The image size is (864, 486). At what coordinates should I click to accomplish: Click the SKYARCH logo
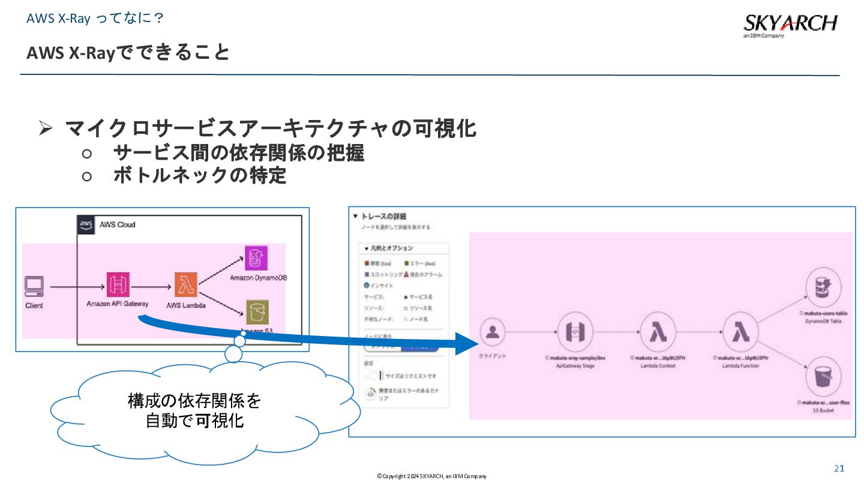(x=790, y=24)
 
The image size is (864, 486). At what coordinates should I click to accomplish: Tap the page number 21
(x=839, y=468)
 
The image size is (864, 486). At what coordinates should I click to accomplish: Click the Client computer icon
(x=34, y=287)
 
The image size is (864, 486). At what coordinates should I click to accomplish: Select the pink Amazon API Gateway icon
(x=118, y=284)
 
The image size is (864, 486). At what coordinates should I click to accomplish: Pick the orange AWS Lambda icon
(x=185, y=284)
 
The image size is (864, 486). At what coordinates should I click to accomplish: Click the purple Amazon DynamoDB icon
(x=257, y=257)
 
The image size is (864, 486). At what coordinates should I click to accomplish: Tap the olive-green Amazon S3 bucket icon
(x=257, y=311)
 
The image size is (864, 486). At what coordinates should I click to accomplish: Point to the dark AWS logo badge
(x=86, y=224)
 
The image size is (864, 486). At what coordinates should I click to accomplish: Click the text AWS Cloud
(x=117, y=224)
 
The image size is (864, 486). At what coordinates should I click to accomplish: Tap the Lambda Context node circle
(x=653, y=331)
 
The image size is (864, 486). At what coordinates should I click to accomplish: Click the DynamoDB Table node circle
(x=820, y=288)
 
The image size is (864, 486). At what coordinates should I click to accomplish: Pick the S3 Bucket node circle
(x=820, y=376)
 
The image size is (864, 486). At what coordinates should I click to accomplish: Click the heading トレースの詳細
(x=384, y=216)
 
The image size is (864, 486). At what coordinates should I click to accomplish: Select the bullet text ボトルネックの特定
(x=199, y=176)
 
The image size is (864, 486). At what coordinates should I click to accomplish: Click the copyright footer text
(x=431, y=476)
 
